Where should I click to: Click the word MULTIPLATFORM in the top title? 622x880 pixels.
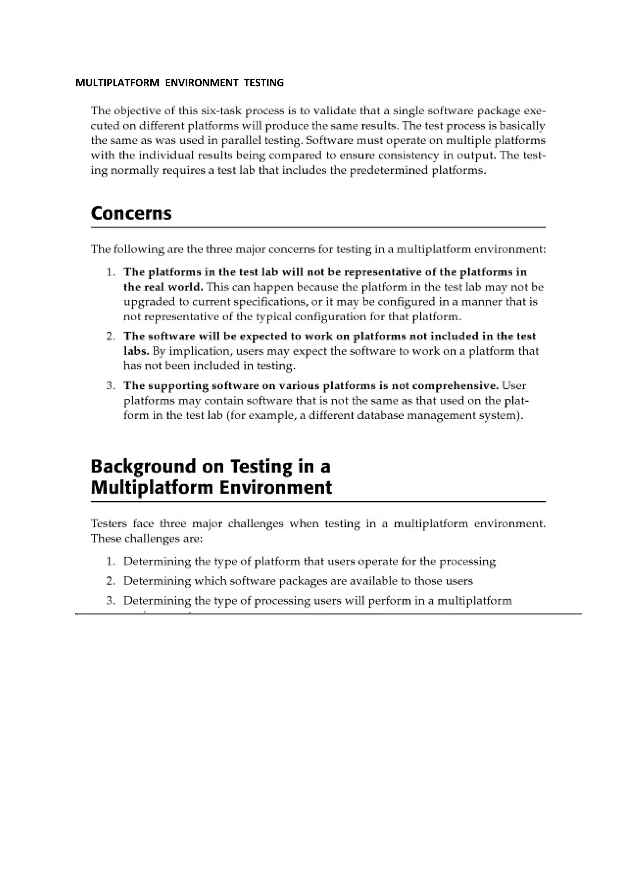pos(117,83)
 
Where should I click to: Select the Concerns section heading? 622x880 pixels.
pos(131,213)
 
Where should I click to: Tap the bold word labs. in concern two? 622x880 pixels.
pos(136,351)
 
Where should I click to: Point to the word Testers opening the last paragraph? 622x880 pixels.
pos(108,524)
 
